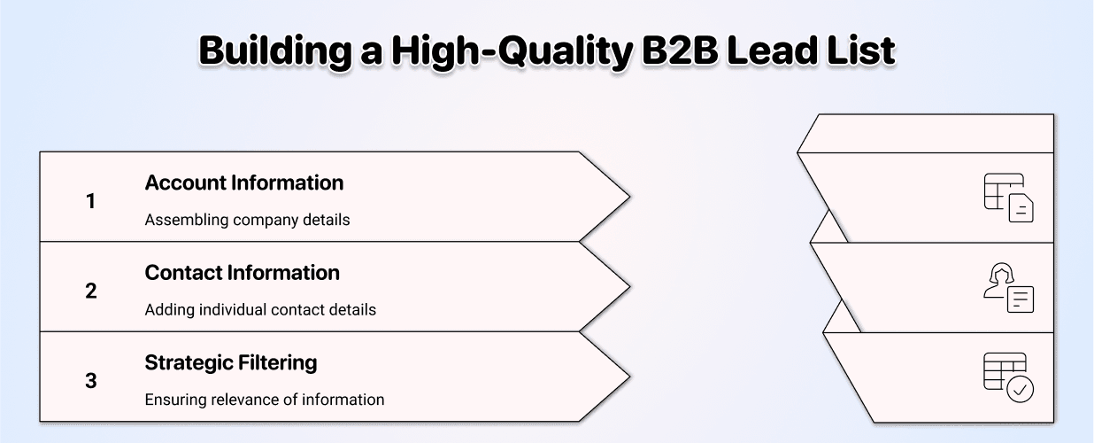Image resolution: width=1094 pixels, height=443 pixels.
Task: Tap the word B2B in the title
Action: click(x=680, y=51)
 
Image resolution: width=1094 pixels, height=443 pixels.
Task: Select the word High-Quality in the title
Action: click(x=512, y=51)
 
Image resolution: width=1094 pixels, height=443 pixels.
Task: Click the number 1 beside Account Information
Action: click(x=91, y=201)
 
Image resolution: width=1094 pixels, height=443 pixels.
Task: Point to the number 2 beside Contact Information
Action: click(x=91, y=291)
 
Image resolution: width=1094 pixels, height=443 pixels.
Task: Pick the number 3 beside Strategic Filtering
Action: click(x=91, y=380)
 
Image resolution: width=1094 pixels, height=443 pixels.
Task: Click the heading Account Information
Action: click(x=244, y=183)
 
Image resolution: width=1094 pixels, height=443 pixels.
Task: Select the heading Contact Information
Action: click(x=243, y=273)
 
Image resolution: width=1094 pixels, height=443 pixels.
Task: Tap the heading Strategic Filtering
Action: click(x=231, y=363)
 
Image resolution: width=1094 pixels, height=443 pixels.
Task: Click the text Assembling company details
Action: click(x=247, y=220)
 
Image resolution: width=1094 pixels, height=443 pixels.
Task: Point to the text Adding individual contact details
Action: click(x=260, y=310)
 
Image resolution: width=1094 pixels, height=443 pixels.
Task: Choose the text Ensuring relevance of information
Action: click(x=265, y=400)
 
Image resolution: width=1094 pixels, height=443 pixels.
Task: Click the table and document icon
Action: click(x=1008, y=198)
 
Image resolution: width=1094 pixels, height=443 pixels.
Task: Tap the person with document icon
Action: click(x=1008, y=288)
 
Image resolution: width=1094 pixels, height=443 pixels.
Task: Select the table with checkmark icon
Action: click(x=1008, y=377)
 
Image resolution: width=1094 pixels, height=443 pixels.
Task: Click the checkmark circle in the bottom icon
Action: click(x=1021, y=390)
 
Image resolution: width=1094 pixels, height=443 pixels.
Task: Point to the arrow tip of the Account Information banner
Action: click(x=630, y=197)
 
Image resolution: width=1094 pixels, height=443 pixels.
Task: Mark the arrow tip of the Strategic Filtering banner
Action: click(x=630, y=377)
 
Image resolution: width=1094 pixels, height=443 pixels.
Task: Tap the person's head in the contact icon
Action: click(x=1002, y=274)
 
